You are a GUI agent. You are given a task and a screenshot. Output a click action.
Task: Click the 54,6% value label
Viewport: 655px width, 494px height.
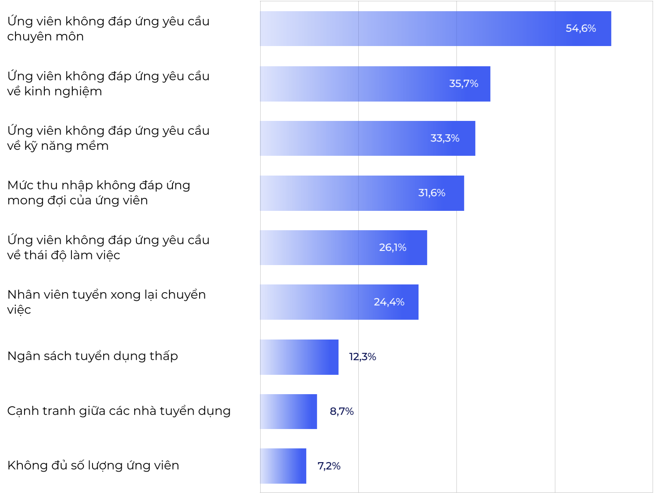click(x=581, y=28)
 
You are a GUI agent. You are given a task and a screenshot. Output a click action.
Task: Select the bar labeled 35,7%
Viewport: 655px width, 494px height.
click(x=375, y=84)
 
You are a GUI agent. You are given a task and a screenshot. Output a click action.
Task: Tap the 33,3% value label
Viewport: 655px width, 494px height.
click(x=445, y=138)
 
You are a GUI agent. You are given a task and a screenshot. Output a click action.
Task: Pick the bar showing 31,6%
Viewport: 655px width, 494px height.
click(x=362, y=193)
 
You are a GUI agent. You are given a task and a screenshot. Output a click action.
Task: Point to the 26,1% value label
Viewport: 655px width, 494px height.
click(x=392, y=247)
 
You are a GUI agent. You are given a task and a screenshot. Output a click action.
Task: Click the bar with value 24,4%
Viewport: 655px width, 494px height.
click(x=339, y=302)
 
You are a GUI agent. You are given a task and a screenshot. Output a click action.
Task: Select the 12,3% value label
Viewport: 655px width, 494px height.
click(x=362, y=357)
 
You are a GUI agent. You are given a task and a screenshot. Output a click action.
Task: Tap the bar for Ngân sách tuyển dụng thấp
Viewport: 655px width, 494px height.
click(x=299, y=357)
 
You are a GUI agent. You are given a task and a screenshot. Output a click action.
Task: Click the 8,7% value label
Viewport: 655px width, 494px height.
click(x=341, y=411)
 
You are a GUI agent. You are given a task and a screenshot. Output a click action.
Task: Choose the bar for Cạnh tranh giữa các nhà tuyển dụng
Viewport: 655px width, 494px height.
click(x=288, y=411)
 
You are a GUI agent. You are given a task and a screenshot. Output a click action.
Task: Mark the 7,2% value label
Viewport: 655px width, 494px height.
click(x=329, y=466)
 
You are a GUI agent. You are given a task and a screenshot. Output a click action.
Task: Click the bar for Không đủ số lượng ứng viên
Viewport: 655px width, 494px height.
click(x=283, y=466)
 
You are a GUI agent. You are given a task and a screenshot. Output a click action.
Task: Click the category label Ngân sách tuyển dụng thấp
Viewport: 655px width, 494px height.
click(x=92, y=356)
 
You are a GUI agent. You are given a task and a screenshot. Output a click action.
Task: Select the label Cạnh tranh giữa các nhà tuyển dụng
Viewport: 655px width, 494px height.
click(x=119, y=411)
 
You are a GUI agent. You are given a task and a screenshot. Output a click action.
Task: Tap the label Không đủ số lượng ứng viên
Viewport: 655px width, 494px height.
click(x=93, y=466)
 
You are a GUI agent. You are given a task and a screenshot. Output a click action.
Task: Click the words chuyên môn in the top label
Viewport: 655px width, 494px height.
click(x=45, y=37)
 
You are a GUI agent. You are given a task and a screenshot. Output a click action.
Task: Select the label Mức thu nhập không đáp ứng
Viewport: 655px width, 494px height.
click(x=98, y=185)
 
